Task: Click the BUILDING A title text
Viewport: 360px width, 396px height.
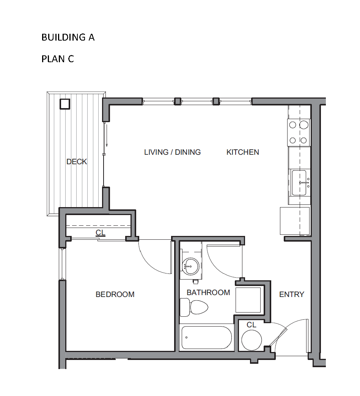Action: (68, 38)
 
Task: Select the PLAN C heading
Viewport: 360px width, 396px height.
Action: (58, 59)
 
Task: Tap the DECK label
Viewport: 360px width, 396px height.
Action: (77, 162)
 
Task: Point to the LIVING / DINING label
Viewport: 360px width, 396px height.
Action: (173, 152)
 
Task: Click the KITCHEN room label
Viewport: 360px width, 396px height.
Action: (243, 152)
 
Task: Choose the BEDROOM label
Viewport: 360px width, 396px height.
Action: (115, 294)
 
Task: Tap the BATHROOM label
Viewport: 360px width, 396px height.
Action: (208, 293)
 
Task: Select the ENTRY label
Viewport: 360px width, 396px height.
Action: (292, 294)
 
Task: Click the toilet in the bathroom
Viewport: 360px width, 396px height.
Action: (194, 307)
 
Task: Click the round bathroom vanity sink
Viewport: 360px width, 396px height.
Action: (191, 266)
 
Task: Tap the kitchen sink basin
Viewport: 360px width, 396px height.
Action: (299, 182)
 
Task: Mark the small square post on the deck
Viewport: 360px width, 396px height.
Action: (64, 104)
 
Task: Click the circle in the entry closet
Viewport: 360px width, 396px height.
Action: (252, 340)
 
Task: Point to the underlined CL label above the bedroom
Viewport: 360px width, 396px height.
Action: (100, 233)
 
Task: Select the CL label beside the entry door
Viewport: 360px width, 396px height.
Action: (252, 325)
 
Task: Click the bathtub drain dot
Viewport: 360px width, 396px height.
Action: (186, 338)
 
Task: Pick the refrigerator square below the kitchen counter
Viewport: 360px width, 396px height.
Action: (295, 221)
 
